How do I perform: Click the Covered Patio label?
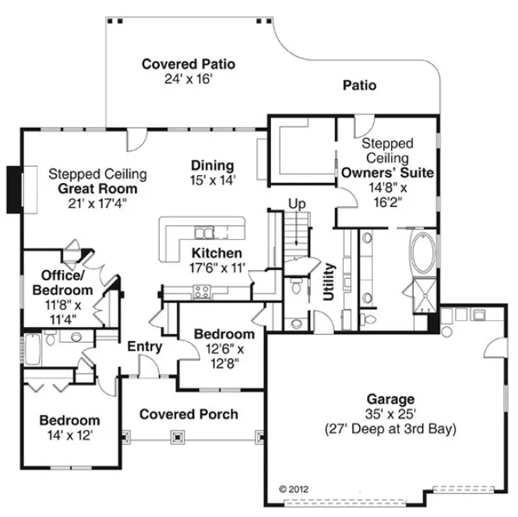pyautogui.click(x=189, y=64)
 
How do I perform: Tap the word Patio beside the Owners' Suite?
pyautogui.click(x=359, y=85)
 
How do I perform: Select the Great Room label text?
pyautogui.click(x=97, y=188)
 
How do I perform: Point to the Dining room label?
pyautogui.click(x=213, y=165)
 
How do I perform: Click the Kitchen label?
pyautogui.click(x=217, y=254)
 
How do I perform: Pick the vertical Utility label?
pyautogui.click(x=328, y=281)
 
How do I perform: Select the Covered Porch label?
pyautogui.click(x=189, y=414)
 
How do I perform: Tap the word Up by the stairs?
pyautogui.click(x=297, y=204)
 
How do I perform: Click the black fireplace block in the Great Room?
pyautogui.click(x=13, y=188)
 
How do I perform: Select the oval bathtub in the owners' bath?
pyautogui.click(x=423, y=252)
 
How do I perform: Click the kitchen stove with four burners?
pyautogui.click(x=202, y=293)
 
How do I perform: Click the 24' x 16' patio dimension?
pyautogui.click(x=189, y=79)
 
